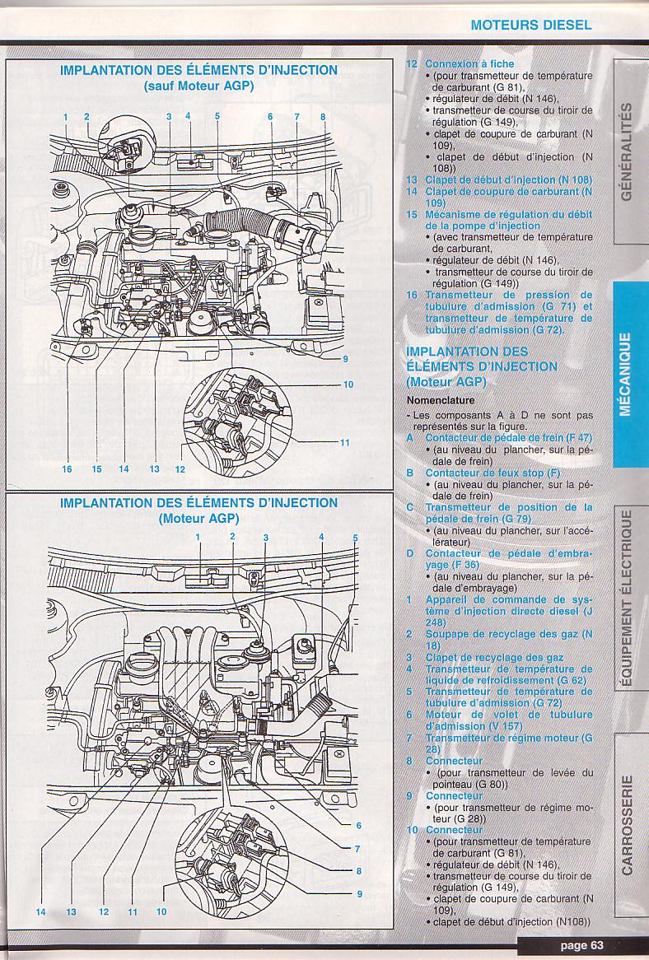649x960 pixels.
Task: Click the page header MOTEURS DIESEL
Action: [x=530, y=25]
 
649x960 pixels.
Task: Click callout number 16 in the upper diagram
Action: [x=67, y=469]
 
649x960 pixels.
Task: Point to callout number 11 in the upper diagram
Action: [x=345, y=443]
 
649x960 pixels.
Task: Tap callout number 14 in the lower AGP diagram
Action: [x=40, y=911]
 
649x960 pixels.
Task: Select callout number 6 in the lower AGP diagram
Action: [x=359, y=826]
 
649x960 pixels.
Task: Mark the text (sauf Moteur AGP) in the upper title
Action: [x=198, y=85]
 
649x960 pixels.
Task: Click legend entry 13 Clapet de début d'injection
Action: [x=498, y=179]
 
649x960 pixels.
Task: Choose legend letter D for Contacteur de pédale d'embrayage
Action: [x=409, y=553]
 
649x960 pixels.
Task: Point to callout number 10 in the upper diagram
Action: [x=348, y=384]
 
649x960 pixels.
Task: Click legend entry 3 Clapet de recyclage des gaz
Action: [x=487, y=657]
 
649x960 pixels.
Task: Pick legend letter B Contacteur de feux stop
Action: [x=409, y=473]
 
